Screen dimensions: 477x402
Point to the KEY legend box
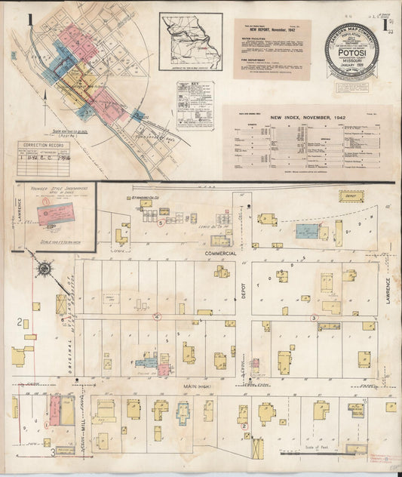(195, 105)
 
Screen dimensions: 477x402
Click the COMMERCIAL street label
(220, 254)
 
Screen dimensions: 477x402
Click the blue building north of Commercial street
(305, 229)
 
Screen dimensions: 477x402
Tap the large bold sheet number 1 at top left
(30, 20)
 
